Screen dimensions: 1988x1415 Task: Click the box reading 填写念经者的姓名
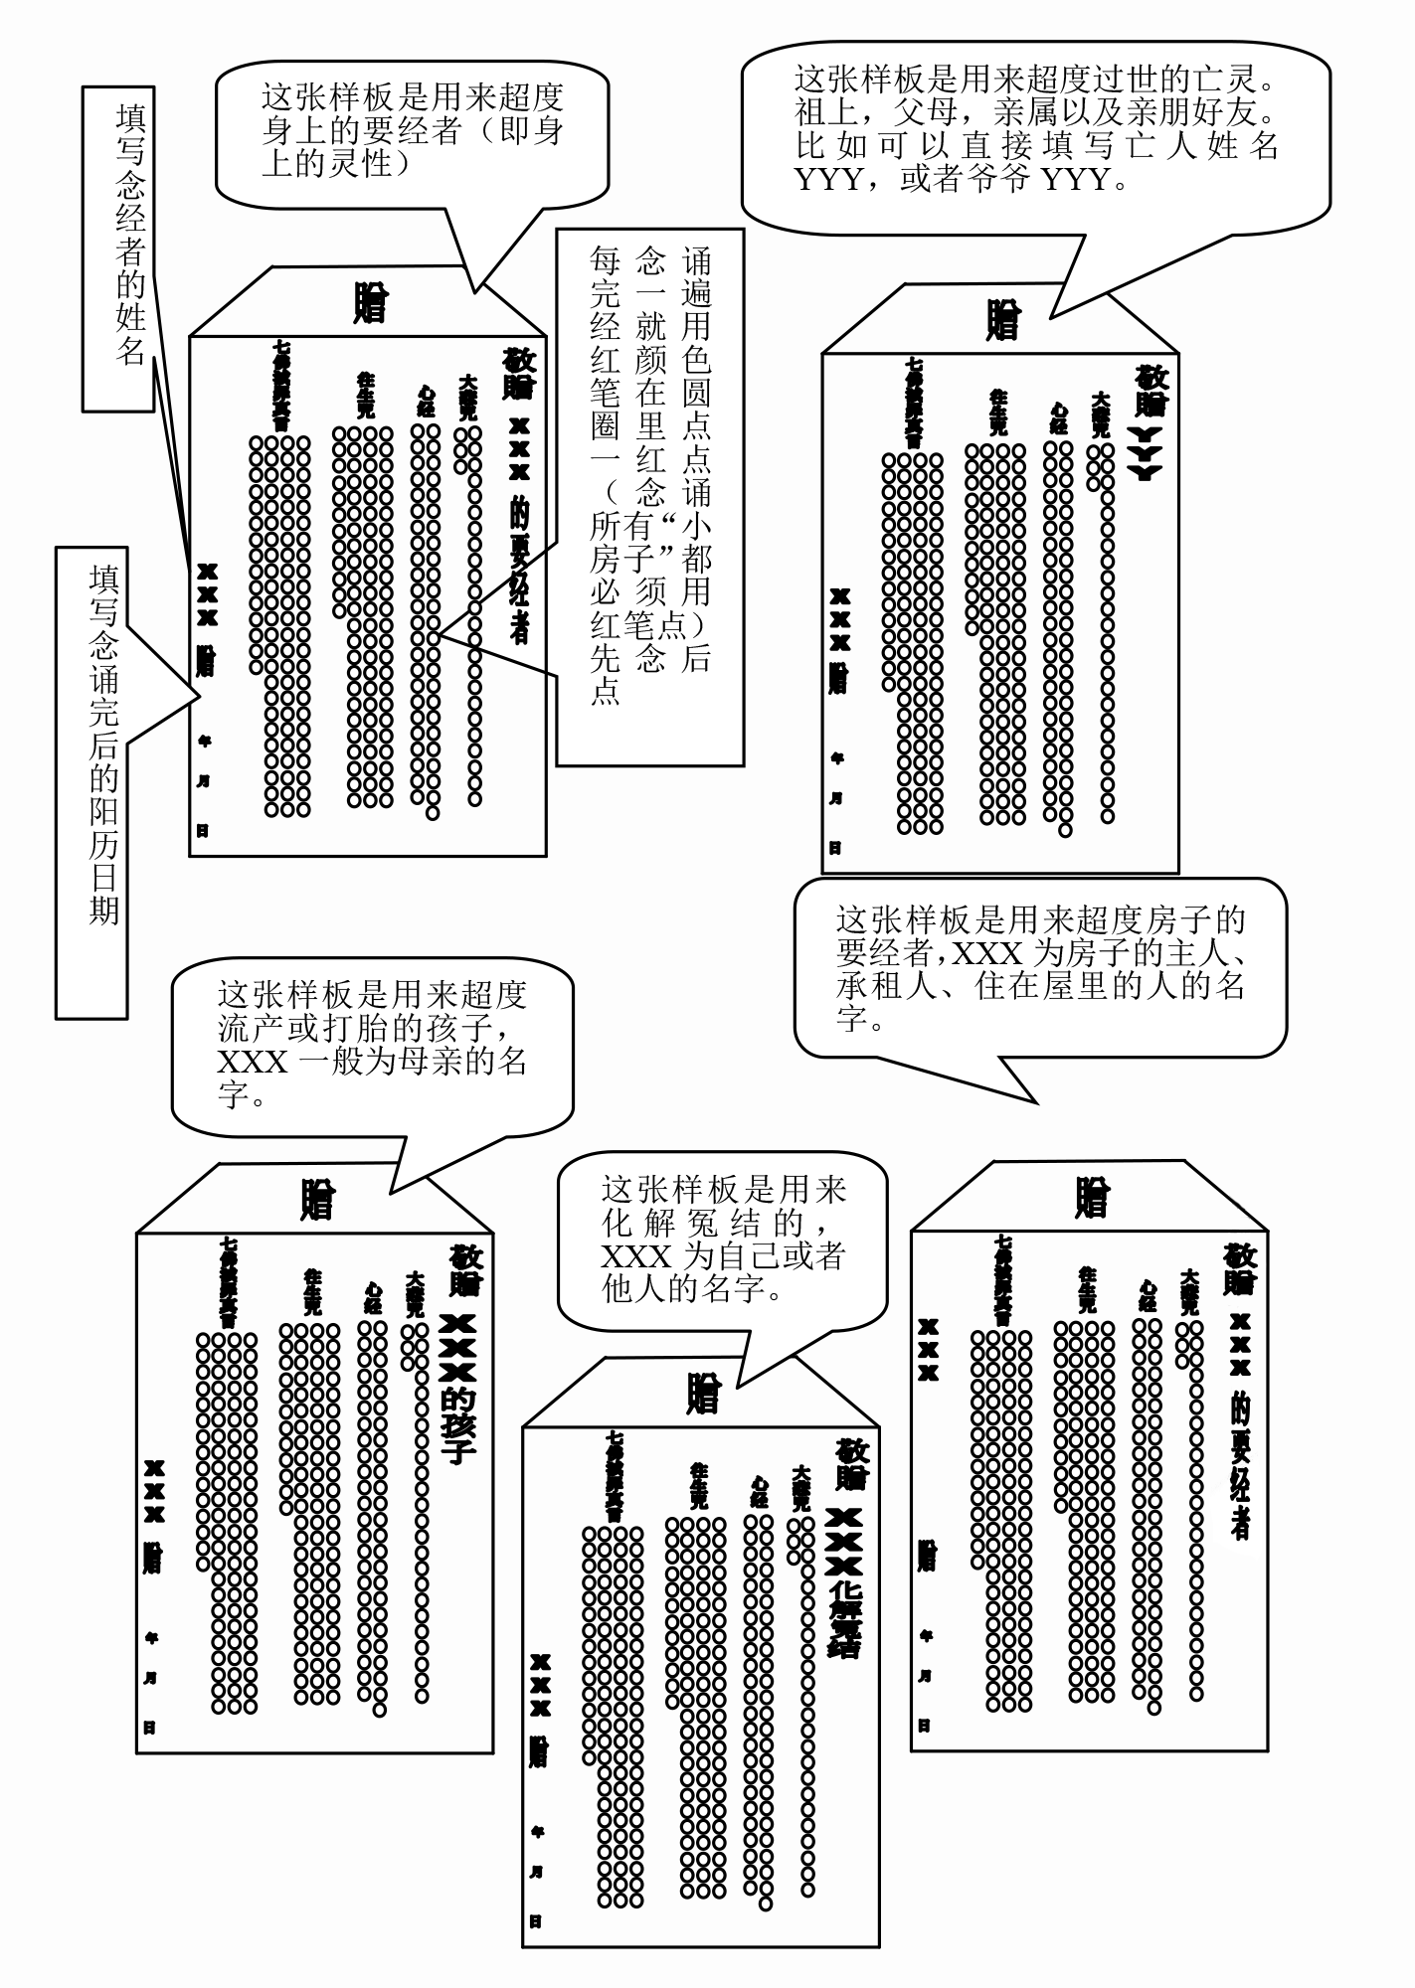tap(118, 248)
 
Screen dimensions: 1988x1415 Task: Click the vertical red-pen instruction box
tap(649, 496)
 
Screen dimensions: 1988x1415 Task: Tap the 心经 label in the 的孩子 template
tap(373, 1298)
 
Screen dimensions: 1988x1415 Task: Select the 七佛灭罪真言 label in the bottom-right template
tap(1003, 1280)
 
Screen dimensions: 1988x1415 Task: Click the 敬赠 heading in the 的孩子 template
tap(464, 1269)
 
